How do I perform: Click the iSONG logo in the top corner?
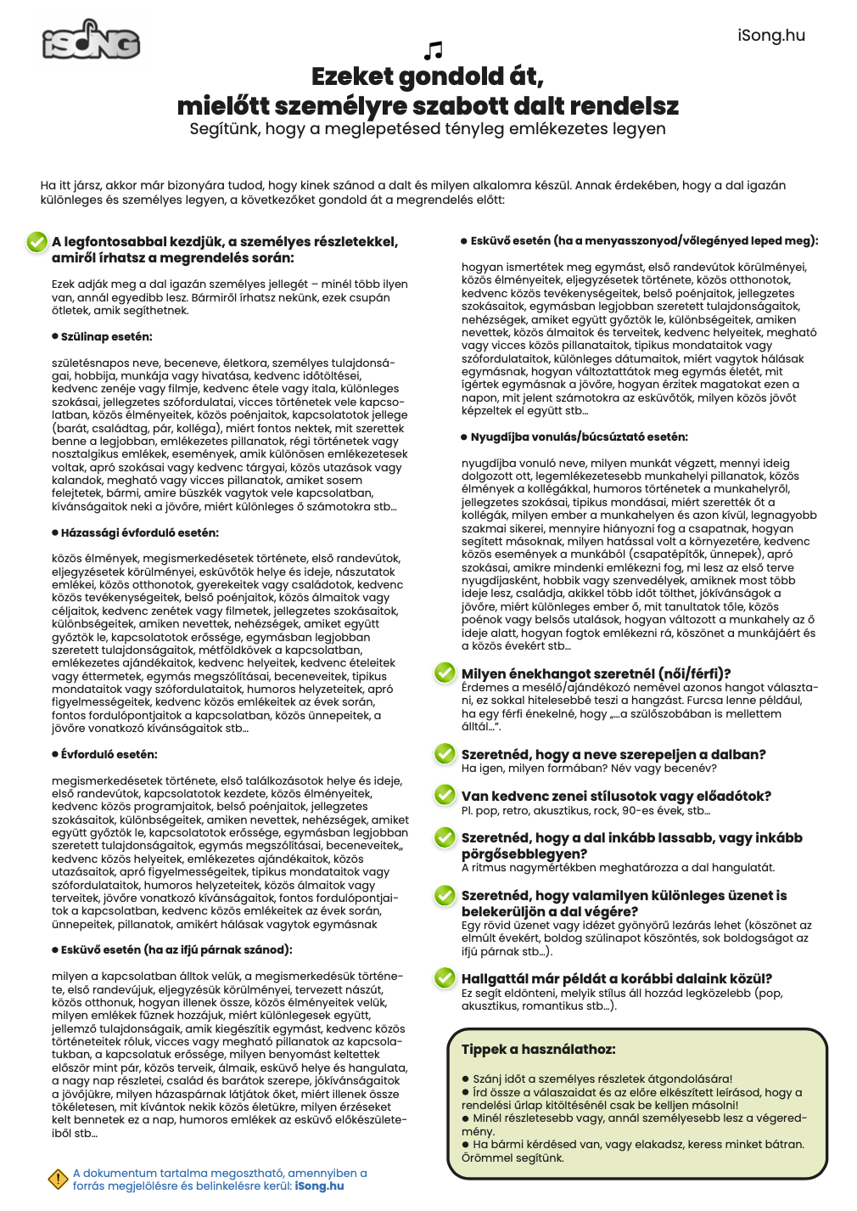point(91,41)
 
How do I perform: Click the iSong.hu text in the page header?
point(770,35)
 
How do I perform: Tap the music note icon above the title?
point(433,50)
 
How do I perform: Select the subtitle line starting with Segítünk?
point(428,129)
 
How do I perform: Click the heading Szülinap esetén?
point(106,336)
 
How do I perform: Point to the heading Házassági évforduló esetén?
point(139,532)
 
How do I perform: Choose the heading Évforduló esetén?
point(109,754)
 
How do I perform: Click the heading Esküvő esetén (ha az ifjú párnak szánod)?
point(176,949)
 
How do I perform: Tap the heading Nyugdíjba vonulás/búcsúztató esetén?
point(579,437)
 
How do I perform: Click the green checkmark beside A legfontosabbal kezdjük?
point(36,242)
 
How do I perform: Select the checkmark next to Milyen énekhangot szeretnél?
point(445,673)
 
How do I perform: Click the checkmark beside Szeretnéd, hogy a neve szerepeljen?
point(445,753)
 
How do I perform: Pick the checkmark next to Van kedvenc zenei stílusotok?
point(445,795)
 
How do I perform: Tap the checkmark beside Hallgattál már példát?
point(445,977)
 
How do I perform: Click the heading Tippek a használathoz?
point(538,1049)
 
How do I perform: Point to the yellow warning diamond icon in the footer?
point(58,1179)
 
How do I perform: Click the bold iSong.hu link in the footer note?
point(319,1186)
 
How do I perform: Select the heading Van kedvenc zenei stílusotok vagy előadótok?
point(616,796)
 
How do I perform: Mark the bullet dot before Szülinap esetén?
point(55,337)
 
